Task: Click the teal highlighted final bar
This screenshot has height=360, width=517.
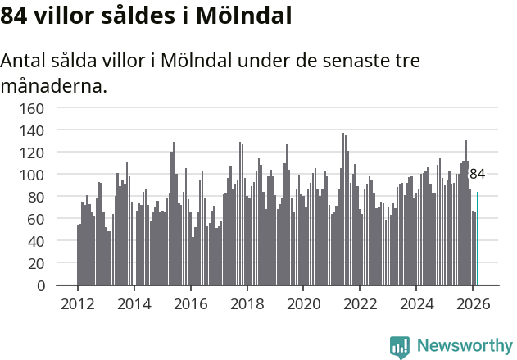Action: tap(478, 239)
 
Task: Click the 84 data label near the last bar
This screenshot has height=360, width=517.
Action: tap(477, 174)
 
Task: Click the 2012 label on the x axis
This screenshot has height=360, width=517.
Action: tap(78, 303)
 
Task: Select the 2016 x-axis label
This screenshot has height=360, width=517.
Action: tap(191, 303)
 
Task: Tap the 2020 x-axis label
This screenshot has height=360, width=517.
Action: tap(303, 303)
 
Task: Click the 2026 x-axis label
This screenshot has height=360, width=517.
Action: tap(473, 303)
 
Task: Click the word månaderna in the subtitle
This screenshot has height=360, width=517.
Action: tap(53, 84)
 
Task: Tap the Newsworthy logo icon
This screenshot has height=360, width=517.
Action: tap(400, 347)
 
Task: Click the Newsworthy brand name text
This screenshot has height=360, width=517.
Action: tap(464, 346)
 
